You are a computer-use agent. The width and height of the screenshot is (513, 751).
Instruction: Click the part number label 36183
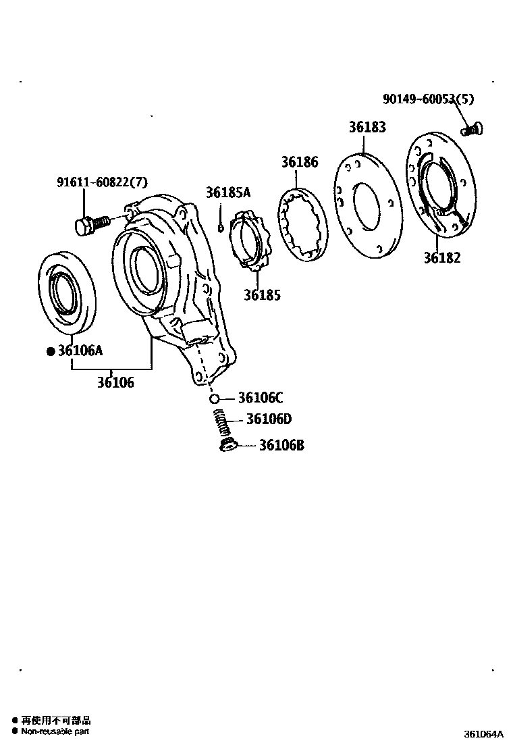(367, 127)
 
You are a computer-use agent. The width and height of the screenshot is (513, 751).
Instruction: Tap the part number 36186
(300, 162)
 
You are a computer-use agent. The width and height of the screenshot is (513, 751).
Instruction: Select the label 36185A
(227, 192)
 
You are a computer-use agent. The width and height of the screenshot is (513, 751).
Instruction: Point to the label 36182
(442, 257)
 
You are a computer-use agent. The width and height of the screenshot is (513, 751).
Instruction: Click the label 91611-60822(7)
(101, 182)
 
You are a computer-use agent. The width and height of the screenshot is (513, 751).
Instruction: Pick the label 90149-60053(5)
(428, 99)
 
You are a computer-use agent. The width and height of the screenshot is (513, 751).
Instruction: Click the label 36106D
(268, 419)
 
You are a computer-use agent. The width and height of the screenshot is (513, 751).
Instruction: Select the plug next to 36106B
(227, 444)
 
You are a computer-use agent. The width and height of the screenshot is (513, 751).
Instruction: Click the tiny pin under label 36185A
(220, 227)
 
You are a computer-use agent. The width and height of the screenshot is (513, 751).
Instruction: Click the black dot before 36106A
(50, 351)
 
